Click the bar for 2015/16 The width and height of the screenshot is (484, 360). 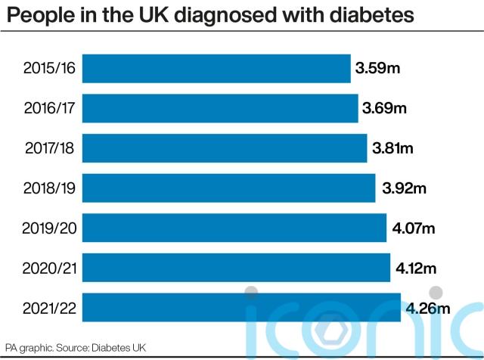pos(216,69)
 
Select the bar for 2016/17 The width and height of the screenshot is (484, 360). pos(220,108)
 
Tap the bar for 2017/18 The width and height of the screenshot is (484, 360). pos(225,148)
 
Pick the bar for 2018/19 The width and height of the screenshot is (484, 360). pos(228,188)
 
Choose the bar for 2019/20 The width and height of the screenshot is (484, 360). pos(234,228)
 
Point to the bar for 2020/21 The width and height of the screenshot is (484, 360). pos(236,268)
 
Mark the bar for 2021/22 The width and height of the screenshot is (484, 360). pos(241,308)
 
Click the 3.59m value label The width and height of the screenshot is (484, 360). pos(377,68)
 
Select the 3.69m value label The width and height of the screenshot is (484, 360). pos(384,108)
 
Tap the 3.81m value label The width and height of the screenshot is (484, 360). pos(392,148)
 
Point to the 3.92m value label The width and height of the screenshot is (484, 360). pos(404,188)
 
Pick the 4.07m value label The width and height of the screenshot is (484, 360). pos(414,228)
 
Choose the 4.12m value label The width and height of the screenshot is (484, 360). pos(416,268)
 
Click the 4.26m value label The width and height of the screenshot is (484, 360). pos(428,308)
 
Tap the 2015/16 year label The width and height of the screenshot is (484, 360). pos(49,68)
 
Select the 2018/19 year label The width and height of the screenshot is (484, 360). pos(49,188)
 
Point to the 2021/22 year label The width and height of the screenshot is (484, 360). pos(49,308)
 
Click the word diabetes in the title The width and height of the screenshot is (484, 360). pos(371,15)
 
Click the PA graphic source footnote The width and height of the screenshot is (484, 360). pos(76,348)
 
